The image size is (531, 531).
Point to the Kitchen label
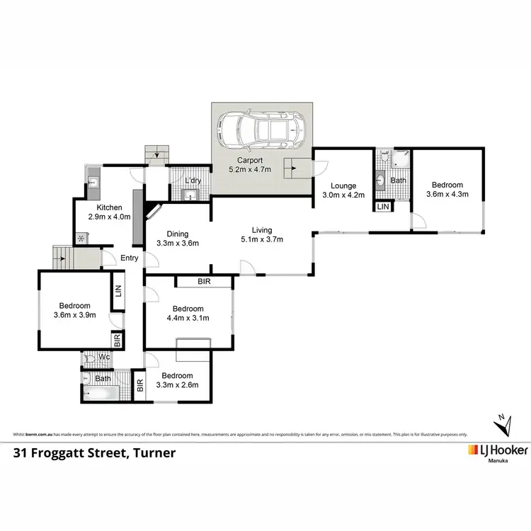(110, 207)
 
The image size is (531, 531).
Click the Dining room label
(177, 234)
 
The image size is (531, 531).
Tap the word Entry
(129, 258)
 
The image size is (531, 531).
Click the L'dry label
(192, 181)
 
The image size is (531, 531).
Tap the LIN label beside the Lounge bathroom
(382, 207)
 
